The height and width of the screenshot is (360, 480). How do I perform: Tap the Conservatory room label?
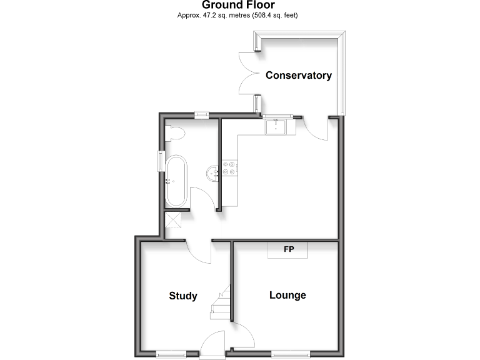tap(298, 76)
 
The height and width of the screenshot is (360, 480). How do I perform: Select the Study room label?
tap(183, 296)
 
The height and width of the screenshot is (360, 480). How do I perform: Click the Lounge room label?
tap(287, 295)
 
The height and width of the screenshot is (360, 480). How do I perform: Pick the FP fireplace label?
tap(288, 250)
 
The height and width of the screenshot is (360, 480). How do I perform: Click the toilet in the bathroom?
tap(174, 133)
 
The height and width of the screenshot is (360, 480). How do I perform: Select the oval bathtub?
tap(175, 181)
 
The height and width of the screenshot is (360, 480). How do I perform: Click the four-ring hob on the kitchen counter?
tap(229, 167)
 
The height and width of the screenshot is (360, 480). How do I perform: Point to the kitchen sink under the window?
tap(276, 127)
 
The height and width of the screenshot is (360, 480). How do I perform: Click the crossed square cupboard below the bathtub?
tap(172, 220)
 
